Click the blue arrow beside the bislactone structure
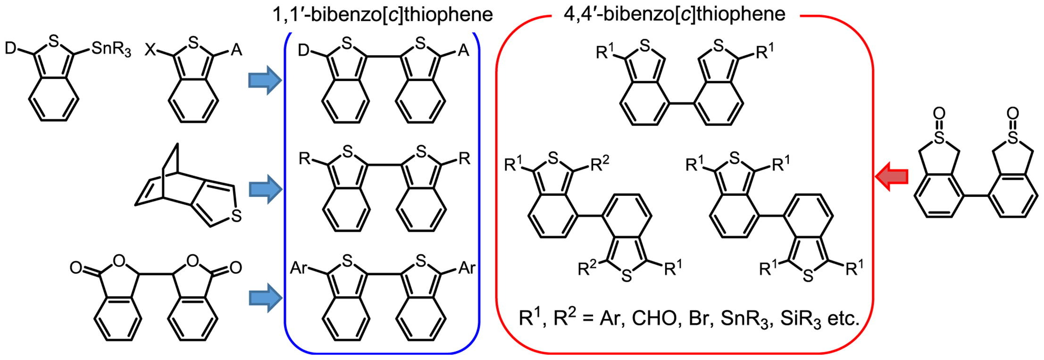click(x=265, y=298)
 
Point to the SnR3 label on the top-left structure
click(x=111, y=49)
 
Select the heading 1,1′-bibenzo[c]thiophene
click(x=383, y=15)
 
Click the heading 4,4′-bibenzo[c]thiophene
click(x=675, y=14)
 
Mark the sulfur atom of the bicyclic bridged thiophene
click(x=236, y=216)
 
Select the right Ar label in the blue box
click(x=467, y=268)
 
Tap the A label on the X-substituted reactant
click(x=236, y=50)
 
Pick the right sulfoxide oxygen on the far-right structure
click(x=1012, y=113)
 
